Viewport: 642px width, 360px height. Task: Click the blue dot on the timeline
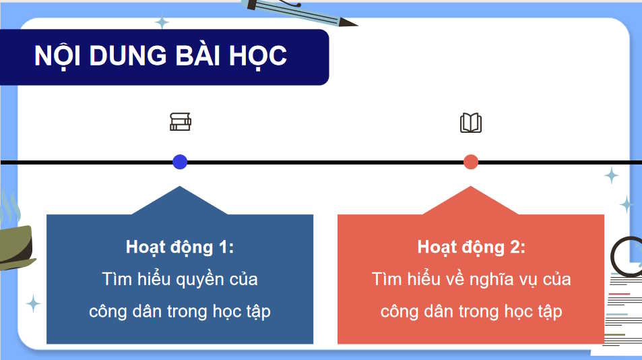(180, 162)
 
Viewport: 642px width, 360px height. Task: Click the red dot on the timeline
(471, 162)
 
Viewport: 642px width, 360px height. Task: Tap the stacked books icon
(181, 122)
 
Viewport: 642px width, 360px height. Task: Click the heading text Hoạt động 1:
(179, 247)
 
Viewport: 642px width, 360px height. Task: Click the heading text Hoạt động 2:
(471, 247)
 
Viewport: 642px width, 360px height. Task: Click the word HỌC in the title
(259, 56)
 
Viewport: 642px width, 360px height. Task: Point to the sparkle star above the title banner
(162, 22)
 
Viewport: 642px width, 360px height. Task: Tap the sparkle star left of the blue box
(33, 303)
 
